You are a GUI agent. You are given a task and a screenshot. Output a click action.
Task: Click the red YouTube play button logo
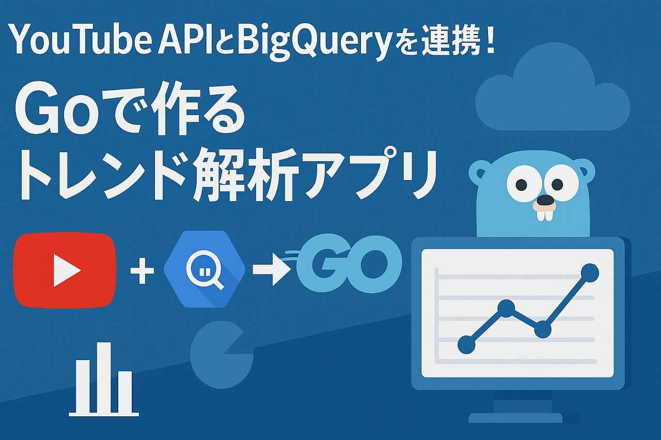[65, 270]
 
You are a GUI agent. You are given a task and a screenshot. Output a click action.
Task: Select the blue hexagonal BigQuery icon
[204, 269]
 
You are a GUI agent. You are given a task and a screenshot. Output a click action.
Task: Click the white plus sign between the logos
[142, 271]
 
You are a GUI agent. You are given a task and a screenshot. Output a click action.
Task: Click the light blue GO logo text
[350, 264]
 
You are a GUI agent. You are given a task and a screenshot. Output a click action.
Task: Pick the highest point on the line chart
[590, 273]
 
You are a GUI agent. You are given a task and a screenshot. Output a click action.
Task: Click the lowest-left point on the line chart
[466, 345]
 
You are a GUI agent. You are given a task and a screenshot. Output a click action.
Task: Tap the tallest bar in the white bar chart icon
[104, 377]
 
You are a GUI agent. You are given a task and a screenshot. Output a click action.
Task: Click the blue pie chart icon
[222, 354]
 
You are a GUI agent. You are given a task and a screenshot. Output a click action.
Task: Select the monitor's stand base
[515, 418]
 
